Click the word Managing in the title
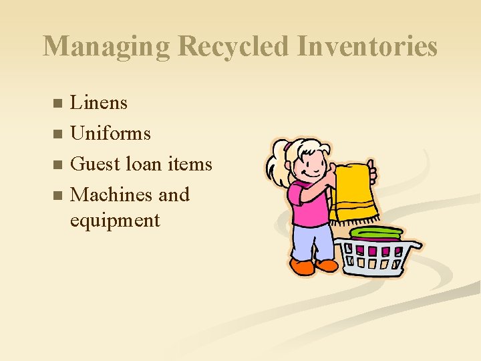pyautogui.click(x=107, y=47)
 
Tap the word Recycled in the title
pyautogui.click(x=235, y=47)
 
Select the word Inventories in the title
pyautogui.click(x=367, y=47)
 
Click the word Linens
pyautogui.click(x=99, y=103)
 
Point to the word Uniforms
pyautogui.click(x=110, y=134)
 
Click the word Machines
pyautogui.click(x=112, y=195)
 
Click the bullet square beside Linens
pyautogui.click(x=57, y=104)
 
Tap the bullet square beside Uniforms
pyautogui.click(x=57, y=134)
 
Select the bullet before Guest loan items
pyautogui.click(x=57, y=165)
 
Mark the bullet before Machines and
pyautogui.click(x=57, y=196)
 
